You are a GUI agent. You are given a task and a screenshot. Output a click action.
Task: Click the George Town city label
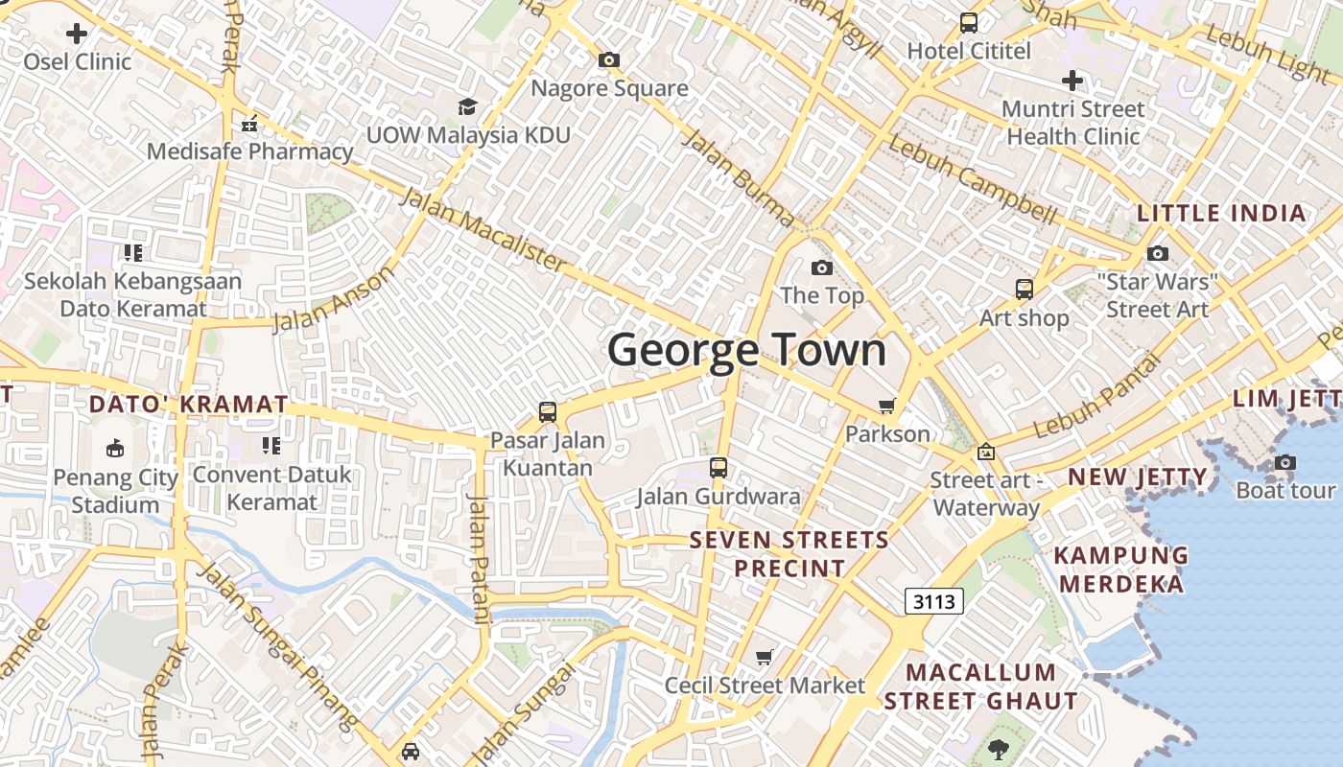[x=746, y=350]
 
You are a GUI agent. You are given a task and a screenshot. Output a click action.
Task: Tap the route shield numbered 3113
[x=933, y=601]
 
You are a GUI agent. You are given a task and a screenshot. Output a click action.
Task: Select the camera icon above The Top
[x=822, y=267]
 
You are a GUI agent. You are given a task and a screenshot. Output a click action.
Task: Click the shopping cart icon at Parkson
[x=887, y=407]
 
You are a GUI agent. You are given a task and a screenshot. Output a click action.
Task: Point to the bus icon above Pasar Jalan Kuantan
[x=548, y=412]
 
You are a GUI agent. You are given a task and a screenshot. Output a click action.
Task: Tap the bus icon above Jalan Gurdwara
[x=719, y=468]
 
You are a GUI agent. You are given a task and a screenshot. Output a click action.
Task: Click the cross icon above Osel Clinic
[x=77, y=34]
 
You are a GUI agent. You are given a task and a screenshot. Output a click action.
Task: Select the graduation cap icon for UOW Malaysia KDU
[x=467, y=105]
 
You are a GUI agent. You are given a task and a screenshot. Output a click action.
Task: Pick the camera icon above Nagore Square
[x=608, y=59]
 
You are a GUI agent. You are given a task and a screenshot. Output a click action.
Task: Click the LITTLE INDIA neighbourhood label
[x=1221, y=214]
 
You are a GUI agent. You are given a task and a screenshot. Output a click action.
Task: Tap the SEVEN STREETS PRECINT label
[x=789, y=554]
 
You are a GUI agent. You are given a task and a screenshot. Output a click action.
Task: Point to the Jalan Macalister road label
[x=483, y=228]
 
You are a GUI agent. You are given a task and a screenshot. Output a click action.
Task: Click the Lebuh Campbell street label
[x=972, y=180]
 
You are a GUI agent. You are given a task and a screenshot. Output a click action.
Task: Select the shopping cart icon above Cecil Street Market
[x=765, y=657]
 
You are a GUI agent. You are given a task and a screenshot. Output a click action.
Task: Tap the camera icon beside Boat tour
[x=1285, y=462]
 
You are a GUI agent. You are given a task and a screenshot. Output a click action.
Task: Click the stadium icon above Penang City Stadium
[x=115, y=448]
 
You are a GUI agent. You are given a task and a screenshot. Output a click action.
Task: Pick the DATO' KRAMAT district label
[x=188, y=405]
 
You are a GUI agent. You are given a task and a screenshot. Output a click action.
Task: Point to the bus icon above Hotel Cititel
[x=969, y=22]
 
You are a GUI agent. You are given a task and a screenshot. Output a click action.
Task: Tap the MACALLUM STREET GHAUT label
[x=980, y=686]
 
